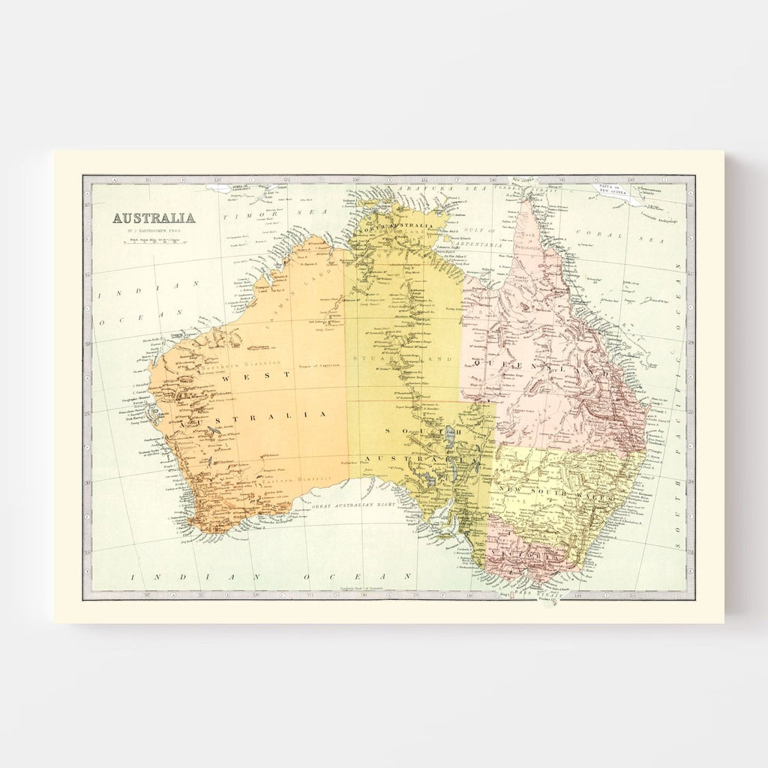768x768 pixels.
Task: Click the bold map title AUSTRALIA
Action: point(154,218)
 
